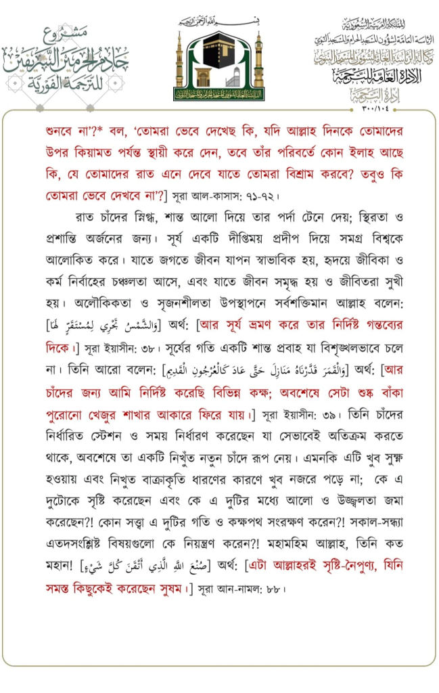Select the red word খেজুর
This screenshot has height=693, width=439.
132,411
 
